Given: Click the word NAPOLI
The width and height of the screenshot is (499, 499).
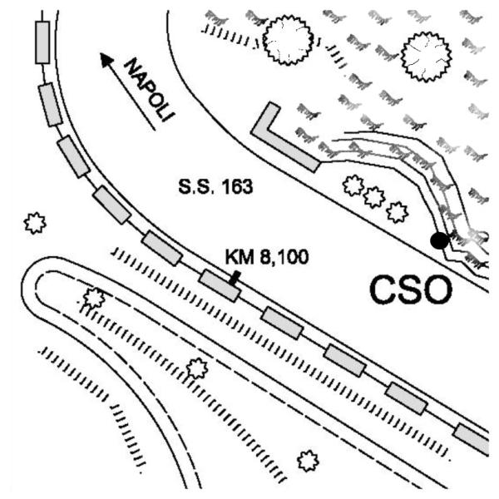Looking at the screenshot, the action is coord(150,90).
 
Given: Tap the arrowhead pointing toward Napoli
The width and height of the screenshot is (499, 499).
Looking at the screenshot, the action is coord(106,60).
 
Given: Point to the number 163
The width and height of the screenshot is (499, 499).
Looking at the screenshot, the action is coord(237,187).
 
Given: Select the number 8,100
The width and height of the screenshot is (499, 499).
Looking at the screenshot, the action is coord(284,257).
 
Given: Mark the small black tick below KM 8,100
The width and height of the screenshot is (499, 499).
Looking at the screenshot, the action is coord(235,278).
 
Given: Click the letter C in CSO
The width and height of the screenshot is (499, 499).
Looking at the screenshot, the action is coord(383,290).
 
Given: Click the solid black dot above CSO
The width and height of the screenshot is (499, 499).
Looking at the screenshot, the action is coord(439,240).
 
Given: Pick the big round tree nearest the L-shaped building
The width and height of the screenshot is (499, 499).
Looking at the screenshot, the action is coord(288,41).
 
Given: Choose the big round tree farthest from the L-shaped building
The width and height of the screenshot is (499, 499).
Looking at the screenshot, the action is coord(426,57).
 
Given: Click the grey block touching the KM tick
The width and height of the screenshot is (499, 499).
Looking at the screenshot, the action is coord(219,285).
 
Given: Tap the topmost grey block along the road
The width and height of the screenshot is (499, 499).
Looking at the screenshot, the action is coord(42,42).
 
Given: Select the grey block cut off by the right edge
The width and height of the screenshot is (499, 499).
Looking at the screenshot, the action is coord(472,438).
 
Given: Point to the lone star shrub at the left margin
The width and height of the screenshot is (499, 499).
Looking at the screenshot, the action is coord(35,223).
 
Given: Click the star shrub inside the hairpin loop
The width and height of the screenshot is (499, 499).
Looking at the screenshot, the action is coord(93,299).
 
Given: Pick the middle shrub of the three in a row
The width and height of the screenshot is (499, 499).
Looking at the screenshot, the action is coord(374,197).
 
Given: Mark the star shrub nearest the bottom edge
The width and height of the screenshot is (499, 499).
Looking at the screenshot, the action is coord(308,461).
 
